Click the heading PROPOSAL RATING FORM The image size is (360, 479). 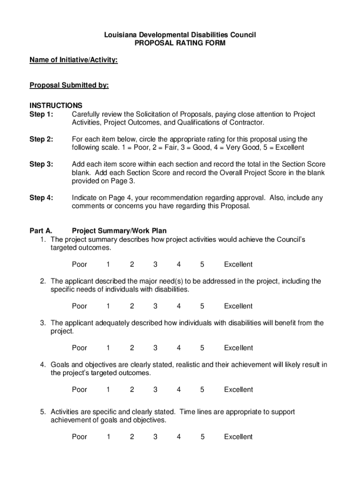click(x=180, y=44)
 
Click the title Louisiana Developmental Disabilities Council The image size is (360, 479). click(x=180, y=35)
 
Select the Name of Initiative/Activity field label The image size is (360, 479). click(x=73, y=60)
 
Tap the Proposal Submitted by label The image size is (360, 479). click(x=69, y=85)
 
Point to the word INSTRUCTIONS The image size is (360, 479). click(x=56, y=106)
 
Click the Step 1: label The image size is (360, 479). click(x=42, y=115)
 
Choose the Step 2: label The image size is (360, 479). click(x=42, y=139)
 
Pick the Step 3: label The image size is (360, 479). click(x=42, y=164)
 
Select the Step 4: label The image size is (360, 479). click(x=42, y=198)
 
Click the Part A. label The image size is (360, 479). click(x=41, y=231)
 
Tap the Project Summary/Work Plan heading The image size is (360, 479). click(x=119, y=231)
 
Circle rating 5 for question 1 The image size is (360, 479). click(x=202, y=265)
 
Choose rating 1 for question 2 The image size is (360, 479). click(x=108, y=306)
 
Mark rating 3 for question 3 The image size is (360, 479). click(x=155, y=348)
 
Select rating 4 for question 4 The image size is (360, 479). click(x=179, y=390)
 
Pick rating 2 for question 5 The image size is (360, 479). click(x=132, y=437)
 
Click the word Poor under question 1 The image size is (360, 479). click(x=79, y=265)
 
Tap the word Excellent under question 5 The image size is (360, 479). click(x=238, y=437)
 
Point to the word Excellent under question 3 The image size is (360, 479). click(x=238, y=348)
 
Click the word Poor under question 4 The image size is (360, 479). click(x=79, y=390)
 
